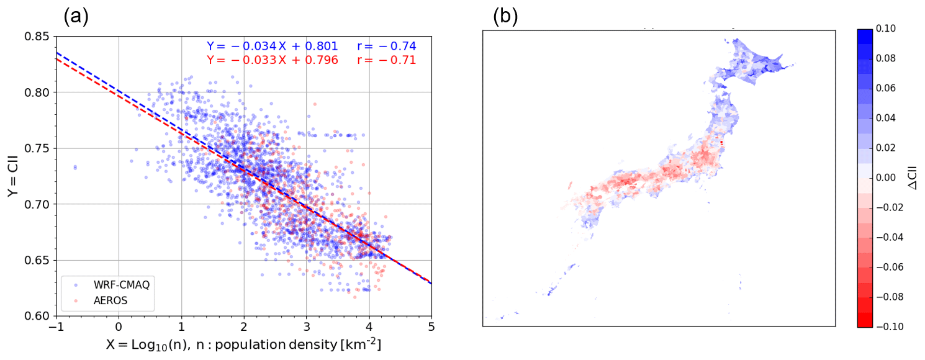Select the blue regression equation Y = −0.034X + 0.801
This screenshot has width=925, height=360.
pos(272,46)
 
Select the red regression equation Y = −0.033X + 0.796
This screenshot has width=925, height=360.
pos(272,60)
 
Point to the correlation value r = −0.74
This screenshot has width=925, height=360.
pos(386,46)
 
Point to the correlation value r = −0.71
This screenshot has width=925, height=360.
pos(386,60)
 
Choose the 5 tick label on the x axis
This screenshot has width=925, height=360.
pos(431,327)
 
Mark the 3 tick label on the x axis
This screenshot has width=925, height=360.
pos(306,327)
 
